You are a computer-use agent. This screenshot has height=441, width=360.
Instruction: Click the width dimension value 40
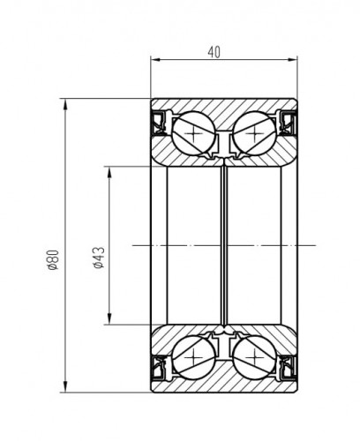pos(214,52)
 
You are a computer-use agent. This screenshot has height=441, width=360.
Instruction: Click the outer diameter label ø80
pos(54,259)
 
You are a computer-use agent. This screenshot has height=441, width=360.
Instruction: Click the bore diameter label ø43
pos(99,258)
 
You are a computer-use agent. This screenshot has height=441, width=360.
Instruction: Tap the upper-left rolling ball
pos(194,133)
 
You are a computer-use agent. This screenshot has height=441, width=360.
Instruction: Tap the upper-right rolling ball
pos(255,133)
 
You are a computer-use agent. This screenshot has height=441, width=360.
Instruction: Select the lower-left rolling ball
pos(194,357)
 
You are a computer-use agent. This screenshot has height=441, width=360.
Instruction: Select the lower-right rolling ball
pos(255,357)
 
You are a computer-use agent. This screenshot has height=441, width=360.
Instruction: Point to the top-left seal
pos(160,123)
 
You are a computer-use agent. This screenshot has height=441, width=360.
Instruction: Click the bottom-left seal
pos(160,368)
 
